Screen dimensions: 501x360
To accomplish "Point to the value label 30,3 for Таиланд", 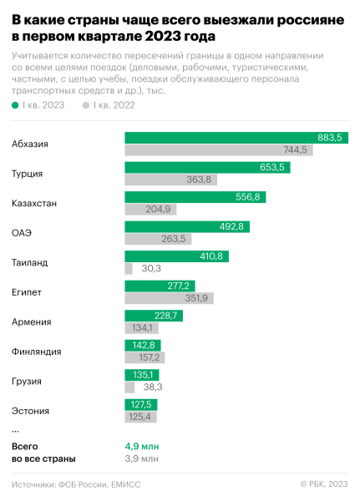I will point(151,269).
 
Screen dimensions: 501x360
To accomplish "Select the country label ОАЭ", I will point(23,233).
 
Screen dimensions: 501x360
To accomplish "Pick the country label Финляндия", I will point(37,352).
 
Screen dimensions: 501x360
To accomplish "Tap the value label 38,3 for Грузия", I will point(152,387).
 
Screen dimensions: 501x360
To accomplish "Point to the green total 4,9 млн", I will point(142,446).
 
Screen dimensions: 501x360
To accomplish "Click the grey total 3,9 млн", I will point(142,459).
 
